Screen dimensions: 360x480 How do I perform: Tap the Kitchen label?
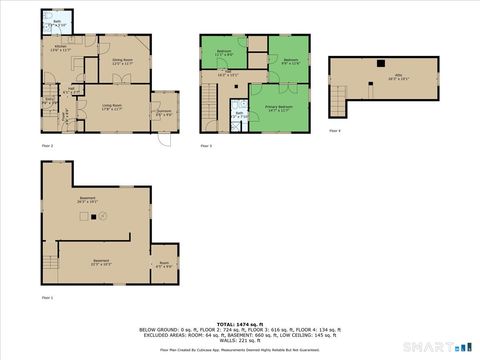(x=59, y=48)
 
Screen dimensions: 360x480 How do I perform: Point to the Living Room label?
(x=111, y=106)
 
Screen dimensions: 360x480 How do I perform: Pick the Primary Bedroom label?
(x=279, y=107)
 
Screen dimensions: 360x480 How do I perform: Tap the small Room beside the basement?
(x=164, y=265)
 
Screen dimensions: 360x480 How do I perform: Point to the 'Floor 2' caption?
(x=47, y=146)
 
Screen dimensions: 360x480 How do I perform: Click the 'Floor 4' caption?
(x=335, y=131)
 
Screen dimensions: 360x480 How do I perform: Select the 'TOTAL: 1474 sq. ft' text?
(x=240, y=324)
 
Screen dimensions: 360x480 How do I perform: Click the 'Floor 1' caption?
(x=47, y=297)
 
